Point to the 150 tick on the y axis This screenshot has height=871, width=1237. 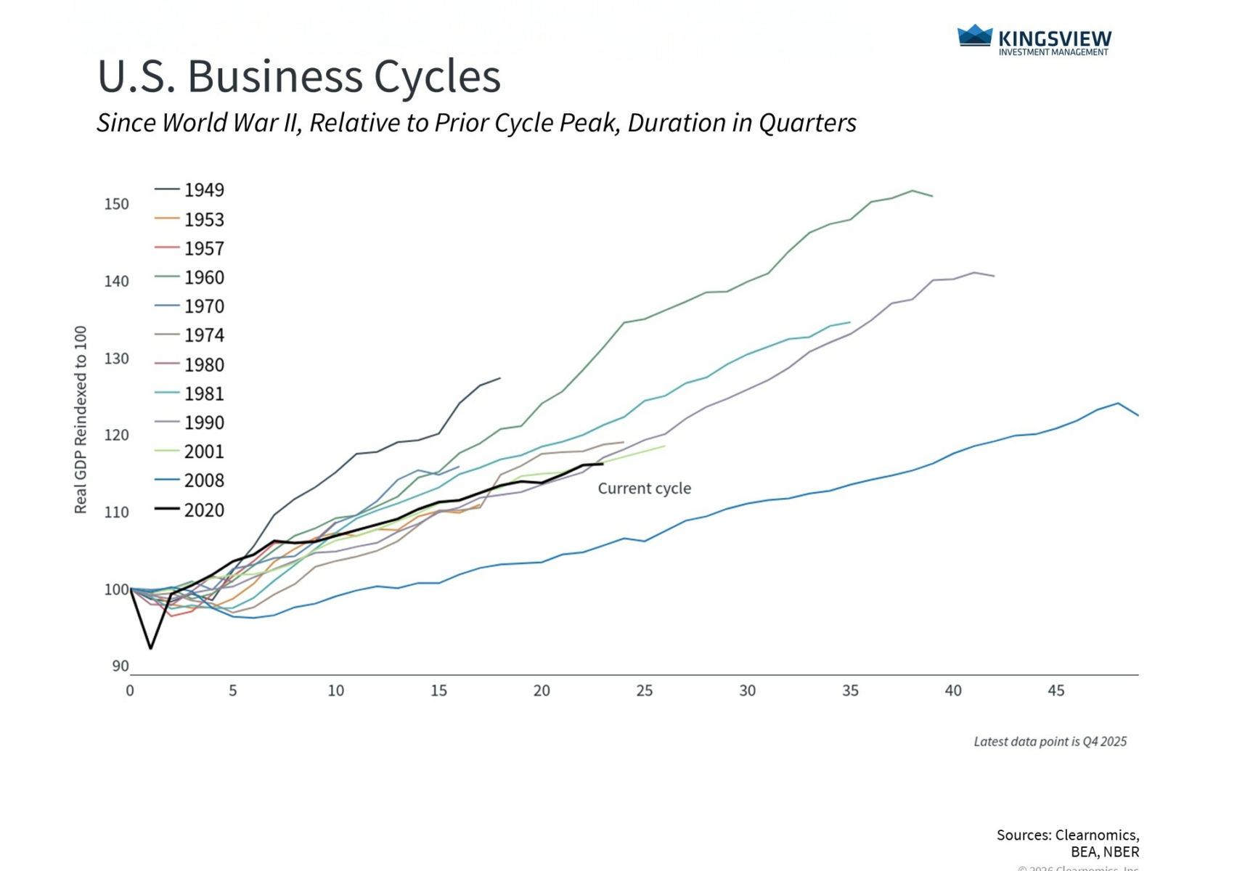point(116,204)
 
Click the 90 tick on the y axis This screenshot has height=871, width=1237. point(121,666)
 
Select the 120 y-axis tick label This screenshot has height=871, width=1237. point(116,435)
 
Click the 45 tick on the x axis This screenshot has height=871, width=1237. point(1056,691)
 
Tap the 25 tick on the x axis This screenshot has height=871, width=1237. point(644,691)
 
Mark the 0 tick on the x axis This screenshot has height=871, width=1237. point(130,691)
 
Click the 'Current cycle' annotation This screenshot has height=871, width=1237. point(644,488)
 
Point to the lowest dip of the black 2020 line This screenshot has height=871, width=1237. point(151,647)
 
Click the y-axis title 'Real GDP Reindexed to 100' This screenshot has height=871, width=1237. point(81,420)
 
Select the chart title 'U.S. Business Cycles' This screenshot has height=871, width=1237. point(299,76)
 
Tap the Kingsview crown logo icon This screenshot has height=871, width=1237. point(974,36)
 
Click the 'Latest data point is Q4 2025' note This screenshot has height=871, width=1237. point(1050,742)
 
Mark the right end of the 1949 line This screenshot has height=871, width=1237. point(500,378)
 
